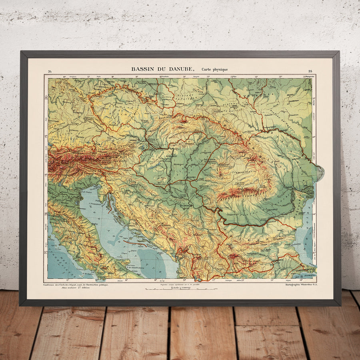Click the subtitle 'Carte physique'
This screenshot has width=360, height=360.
click(215, 70)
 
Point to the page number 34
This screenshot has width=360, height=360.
click(50, 72)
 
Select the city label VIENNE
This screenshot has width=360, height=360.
click(134, 140)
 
